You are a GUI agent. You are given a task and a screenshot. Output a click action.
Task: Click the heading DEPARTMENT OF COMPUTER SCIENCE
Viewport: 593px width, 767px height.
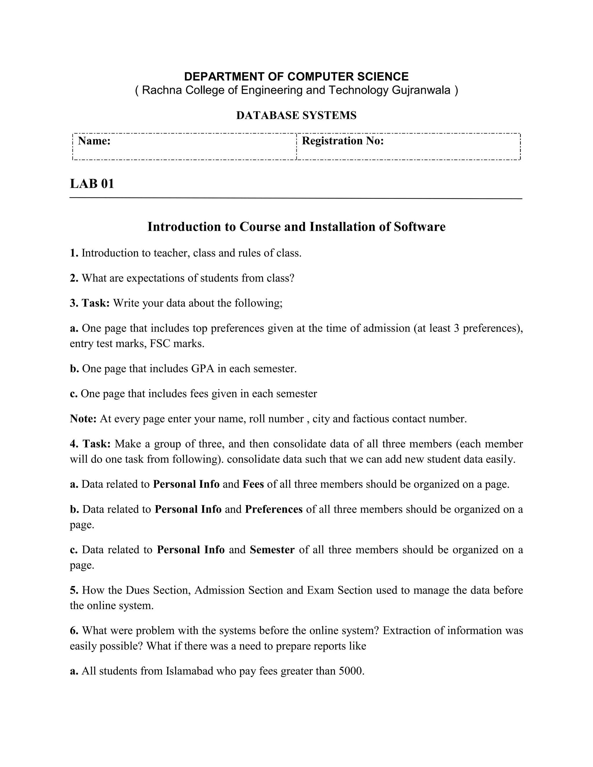click(296, 77)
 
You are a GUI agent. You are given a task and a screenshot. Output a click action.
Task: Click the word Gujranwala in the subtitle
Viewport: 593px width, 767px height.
click(420, 90)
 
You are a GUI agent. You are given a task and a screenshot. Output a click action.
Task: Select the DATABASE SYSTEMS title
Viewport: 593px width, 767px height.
click(296, 115)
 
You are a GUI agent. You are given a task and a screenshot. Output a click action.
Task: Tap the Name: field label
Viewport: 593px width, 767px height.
click(94, 141)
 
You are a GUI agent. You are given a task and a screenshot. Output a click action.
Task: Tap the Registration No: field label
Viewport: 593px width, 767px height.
click(343, 141)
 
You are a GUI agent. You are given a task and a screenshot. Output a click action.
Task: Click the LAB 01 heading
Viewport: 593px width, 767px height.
click(92, 184)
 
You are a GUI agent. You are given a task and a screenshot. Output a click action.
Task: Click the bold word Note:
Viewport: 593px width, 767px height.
click(83, 419)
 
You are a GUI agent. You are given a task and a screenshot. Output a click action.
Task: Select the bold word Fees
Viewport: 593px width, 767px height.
click(253, 484)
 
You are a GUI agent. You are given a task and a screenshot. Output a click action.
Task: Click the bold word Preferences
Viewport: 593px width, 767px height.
click(274, 509)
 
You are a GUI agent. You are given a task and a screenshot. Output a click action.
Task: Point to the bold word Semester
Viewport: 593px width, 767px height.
click(272, 549)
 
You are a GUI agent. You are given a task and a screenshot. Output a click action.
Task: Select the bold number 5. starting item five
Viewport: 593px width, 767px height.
click(74, 590)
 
